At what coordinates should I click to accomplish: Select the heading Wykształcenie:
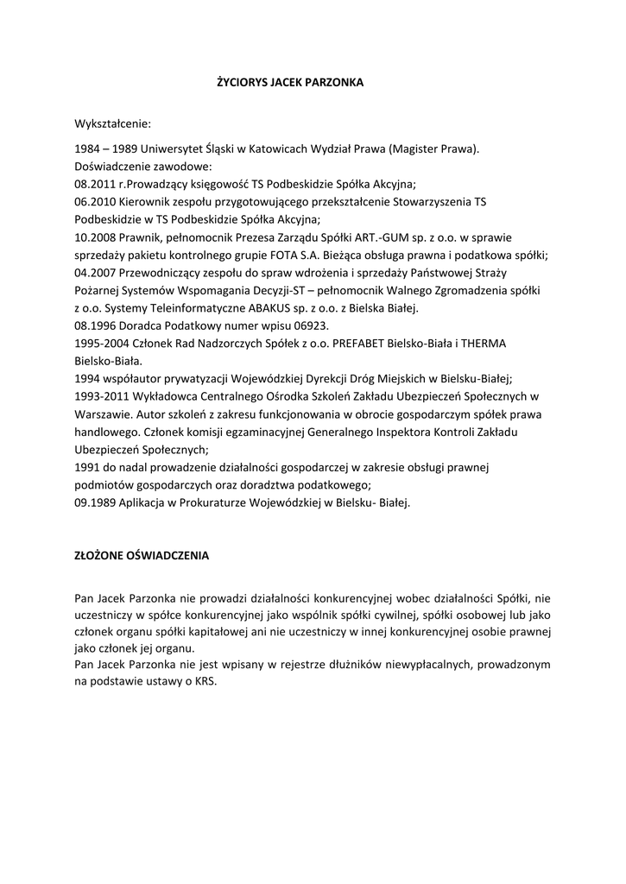tap(112, 124)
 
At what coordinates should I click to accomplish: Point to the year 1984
tap(89, 148)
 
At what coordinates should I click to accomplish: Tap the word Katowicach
tap(279, 148)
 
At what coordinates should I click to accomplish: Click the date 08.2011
tap(95, 184)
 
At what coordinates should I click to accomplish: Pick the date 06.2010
tap(95, 201)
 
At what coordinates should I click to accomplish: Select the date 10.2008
tap(95, 237)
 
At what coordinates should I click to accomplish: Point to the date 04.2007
tap(95, 272)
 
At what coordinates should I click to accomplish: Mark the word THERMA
tap(484, 343)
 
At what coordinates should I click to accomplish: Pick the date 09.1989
tap(95, 502)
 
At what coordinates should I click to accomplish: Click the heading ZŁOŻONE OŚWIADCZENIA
tap(142, 556)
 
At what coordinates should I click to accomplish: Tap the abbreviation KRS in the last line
tap(206, 681)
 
